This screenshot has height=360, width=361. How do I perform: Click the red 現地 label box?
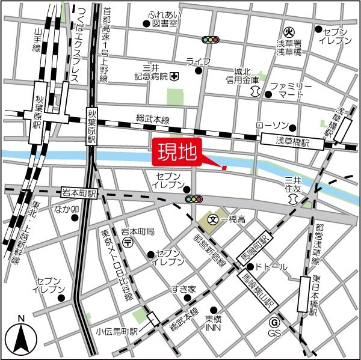pos(177,153)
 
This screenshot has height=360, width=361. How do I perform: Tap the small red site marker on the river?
pos(224,168)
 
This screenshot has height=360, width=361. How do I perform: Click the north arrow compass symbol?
pos(20,338)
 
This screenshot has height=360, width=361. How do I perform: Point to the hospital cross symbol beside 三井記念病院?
pos(174,76)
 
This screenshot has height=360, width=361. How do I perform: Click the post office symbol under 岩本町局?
pos(128,242)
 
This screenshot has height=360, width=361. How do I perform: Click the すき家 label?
pos(183,289)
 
